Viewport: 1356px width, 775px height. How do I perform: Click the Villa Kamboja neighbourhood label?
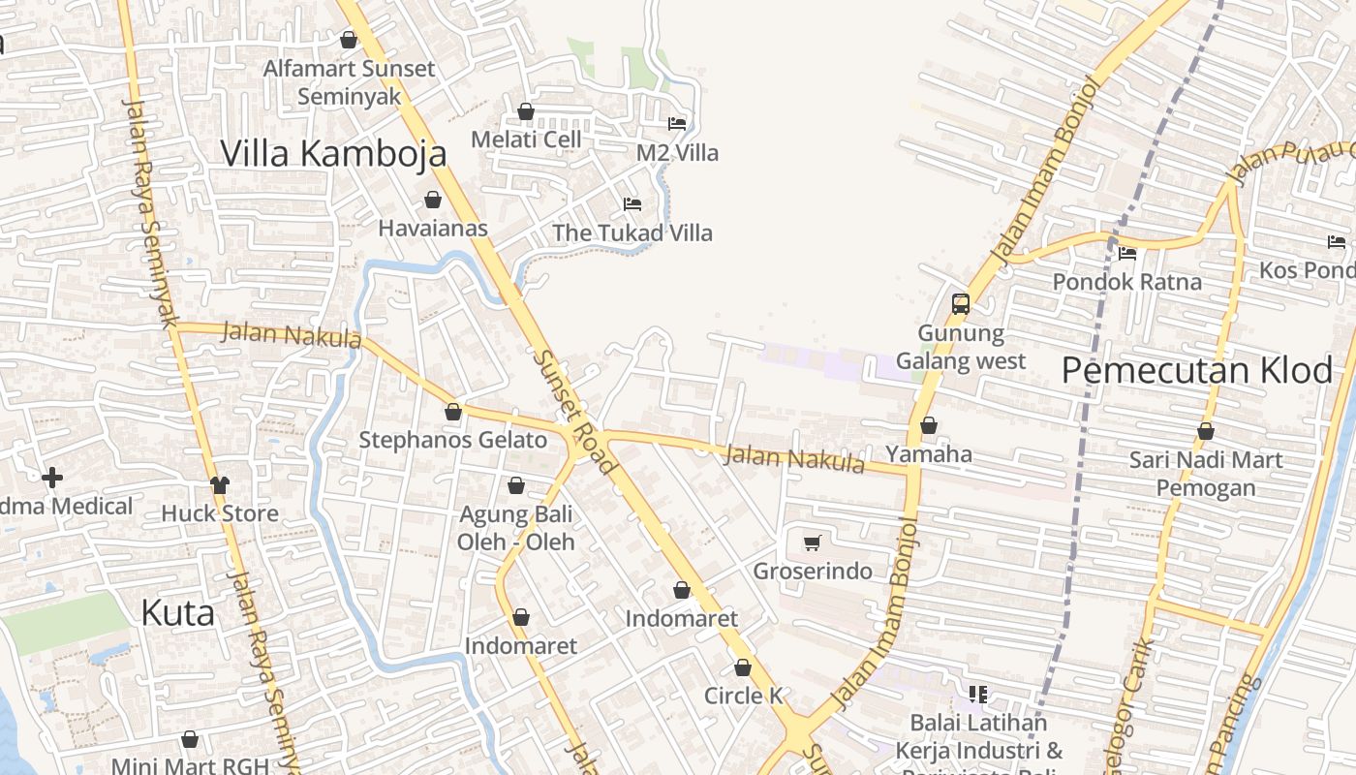[x=333, y=153]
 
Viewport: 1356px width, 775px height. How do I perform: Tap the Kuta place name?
[x=177, y=613]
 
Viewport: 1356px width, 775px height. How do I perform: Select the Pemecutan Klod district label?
[x=1197, y=370]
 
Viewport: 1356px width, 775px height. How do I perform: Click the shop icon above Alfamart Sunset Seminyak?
[x=349, y=40]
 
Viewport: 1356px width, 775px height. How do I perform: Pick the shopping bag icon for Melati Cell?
[x=526, y=111]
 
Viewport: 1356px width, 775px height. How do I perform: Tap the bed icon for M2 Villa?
[x=677, y=123]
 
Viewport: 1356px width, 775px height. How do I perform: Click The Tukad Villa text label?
[x=632, y=232]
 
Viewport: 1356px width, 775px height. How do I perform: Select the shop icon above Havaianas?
[x=433, y=200]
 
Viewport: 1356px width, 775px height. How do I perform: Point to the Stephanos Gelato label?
[x=453, y=440]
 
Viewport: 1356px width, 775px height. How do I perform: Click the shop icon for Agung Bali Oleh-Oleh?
[x=516, y=485]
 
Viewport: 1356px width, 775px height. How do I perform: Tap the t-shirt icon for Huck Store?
[x=220, y=485]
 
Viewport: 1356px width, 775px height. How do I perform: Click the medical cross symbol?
[x=52, y=478]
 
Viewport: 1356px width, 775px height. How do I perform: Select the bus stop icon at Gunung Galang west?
[x=960, y=304]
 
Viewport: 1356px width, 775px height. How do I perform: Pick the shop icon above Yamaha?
[x=929, y=425]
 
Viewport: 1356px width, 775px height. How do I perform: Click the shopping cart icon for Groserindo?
[x=813, y=542]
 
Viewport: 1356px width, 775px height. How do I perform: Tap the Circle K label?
[x=743, y=696]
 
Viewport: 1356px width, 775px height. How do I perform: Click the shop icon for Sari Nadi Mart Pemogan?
[x=1206, y=431]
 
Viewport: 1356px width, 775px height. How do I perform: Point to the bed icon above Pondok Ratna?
[x=1127, y=254]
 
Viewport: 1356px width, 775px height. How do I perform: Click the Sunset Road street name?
[x=574, y=411]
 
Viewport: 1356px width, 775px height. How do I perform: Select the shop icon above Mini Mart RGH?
[x=190, y=739]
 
